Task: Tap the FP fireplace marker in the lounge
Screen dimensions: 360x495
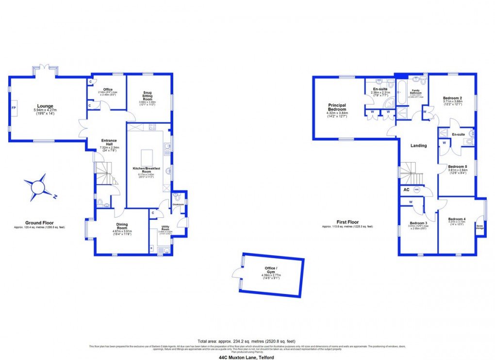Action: point(14,107)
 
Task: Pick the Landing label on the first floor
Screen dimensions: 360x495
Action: point(418,146)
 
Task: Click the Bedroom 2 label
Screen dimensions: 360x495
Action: point(452,98)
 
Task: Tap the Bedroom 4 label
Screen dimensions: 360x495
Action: point(457,219)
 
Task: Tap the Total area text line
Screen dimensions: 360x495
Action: point(246,341)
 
